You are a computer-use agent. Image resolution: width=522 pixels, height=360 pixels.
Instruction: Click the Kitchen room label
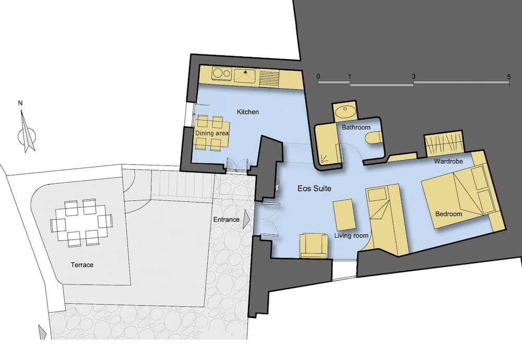[x=247, y=112]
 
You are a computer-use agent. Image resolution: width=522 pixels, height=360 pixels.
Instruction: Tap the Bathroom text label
[x=356, y=127]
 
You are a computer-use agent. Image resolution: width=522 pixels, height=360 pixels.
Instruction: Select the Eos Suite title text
[x=314, y=188]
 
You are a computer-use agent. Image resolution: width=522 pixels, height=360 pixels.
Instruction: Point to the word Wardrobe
[x=448, y=161]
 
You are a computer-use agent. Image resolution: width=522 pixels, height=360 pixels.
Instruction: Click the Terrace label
[x=82, y=265]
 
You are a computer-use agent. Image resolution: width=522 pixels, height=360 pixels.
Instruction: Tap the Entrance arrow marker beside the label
[x=246, y=219]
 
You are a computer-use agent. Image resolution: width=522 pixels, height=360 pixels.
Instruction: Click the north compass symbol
[x=27, y=131]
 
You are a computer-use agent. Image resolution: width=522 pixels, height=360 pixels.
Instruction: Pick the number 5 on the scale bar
[x=508, y=77]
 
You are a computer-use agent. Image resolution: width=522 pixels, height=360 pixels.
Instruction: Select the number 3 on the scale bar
[x=413, y=77]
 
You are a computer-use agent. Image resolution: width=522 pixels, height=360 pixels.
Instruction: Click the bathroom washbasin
[x=345, y=111]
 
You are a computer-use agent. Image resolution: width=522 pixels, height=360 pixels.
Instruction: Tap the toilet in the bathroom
[x=373, y=138]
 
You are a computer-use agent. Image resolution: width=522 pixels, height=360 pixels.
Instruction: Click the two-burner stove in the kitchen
[x=222, y=74]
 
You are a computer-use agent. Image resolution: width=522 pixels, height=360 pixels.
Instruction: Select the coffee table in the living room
[x=344, y=215]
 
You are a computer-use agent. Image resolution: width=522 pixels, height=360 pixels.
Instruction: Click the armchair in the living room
[x=313, y=246]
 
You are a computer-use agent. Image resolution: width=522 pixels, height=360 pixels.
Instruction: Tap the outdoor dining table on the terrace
[x=81, y=224]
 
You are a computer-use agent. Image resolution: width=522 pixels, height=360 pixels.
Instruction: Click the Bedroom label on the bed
[x=448, y=214]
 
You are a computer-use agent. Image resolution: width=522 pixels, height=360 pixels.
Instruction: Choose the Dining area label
[x=212, y=133]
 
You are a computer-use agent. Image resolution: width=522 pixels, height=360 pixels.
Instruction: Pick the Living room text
[x=351, y=235]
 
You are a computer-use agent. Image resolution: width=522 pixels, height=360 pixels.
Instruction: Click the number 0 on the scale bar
[x=318, y=77]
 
